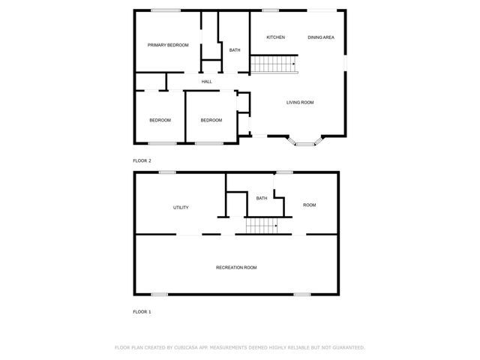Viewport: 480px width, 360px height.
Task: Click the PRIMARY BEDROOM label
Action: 168,46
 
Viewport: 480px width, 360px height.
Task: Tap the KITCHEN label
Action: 275,37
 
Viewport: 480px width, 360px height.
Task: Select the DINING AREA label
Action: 320,37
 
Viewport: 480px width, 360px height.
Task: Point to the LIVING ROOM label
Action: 299,103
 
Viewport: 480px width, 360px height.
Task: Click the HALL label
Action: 206,82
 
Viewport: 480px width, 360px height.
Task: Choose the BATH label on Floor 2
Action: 235,50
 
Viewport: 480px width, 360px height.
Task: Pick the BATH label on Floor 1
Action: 262,198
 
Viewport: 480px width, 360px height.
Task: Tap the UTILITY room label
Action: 181,208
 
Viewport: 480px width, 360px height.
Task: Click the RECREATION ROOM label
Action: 236,268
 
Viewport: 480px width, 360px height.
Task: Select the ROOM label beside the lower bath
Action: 309,205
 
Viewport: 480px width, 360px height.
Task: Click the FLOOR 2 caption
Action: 142,161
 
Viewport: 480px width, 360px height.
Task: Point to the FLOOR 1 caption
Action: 142,311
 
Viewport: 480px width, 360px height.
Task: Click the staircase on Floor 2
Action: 274,64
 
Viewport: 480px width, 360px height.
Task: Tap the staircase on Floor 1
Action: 262,226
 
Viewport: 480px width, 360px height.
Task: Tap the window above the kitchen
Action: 271,10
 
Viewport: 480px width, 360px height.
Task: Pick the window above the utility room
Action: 166,172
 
